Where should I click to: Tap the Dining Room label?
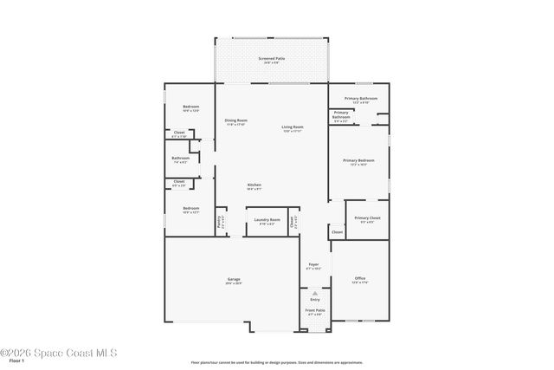click(x=235, y=122)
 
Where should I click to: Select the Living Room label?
click(x=292, y=128)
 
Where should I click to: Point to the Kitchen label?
click(x=254, y=186)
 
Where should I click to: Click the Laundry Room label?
click(x=267, y=221)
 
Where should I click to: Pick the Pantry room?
click(x=221, y=222)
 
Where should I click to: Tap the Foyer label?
click(x=314, y=266)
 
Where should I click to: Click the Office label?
click(x=359, y=280)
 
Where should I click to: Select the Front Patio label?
click(x=315, y=311)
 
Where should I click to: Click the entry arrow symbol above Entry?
click(x=315, y=294)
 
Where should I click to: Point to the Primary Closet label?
click(x=367, y=219)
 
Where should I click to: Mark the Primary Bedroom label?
click(x=358, y=162)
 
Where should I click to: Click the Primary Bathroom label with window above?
click(x=360, y=100)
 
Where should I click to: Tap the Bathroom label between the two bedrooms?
click(x=180, y=159)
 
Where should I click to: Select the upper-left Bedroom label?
click(x=190, y=108)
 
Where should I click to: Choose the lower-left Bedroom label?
click(x=190, y=210)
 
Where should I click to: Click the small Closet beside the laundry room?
click(x=293, y=222)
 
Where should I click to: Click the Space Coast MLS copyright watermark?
click(x=58, y=353)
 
